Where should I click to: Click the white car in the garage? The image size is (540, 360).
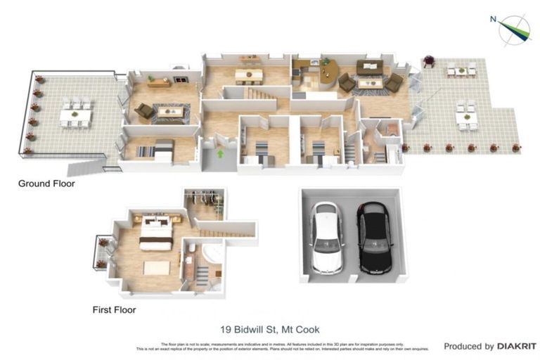coord(326,237)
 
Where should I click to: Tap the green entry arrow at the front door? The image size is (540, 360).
coord(219,153)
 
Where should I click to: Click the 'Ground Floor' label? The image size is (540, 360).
coord(46,184)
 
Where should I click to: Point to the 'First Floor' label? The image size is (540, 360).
coord(114,309)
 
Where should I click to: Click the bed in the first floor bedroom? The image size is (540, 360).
coord(155,232)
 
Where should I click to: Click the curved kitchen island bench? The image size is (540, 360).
coord(327,72)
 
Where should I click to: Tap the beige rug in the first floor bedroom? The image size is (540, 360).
coord(156,268)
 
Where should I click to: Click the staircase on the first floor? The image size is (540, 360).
coord(226,229)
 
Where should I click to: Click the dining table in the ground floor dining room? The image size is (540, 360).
coord(248,75)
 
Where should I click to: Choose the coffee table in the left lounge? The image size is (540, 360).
coord(169,111)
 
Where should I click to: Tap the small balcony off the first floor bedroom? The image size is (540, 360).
coord(102,252)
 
